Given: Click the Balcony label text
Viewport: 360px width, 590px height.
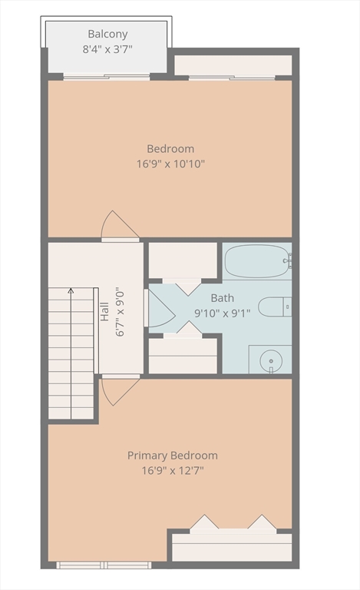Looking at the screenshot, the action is point(107,35).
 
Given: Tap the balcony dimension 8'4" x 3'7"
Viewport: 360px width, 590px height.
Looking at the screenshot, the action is point(107,49).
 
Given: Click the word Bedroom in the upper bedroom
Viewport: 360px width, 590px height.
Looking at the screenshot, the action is point(170,148).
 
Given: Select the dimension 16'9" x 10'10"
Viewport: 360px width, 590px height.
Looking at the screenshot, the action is point(170,164).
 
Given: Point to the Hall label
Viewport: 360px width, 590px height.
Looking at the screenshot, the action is point(105,312).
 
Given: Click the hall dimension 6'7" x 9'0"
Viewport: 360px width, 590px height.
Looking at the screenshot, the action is point(120,313).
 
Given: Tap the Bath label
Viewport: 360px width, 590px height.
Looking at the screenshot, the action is point(222,298).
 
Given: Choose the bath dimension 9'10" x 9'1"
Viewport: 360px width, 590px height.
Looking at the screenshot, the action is point(222,313).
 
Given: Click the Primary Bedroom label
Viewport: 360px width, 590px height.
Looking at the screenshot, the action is point(173,456).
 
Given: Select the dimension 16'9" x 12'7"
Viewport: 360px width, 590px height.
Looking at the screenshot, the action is point(173,470).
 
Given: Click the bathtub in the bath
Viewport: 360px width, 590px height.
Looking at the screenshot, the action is point(258,261).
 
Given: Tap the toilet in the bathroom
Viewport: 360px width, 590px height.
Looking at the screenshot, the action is point(275,307).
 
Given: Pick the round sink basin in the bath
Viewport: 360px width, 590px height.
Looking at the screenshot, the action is point(271,360).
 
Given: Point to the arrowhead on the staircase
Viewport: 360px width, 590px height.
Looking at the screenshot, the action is point(71,290).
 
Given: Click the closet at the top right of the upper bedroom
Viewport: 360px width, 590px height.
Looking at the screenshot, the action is point(233,65).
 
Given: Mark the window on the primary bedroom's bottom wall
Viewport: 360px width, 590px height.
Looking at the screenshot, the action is point(104,565).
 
